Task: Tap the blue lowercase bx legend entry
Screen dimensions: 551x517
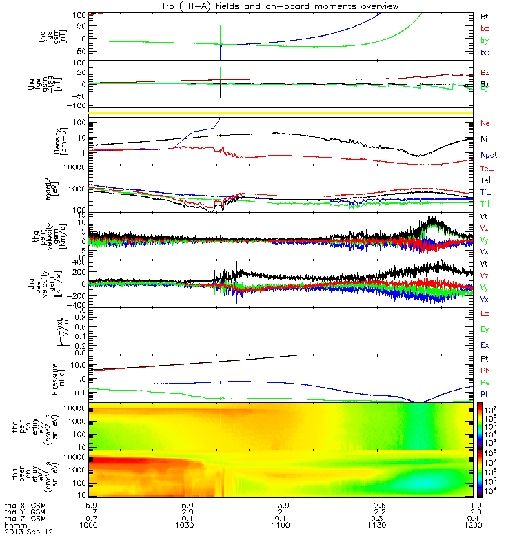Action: (485, 52)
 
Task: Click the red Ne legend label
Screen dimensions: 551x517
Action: (485, 123)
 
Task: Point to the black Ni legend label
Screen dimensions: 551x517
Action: (484, 139)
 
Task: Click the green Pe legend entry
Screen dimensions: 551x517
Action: (485, 382)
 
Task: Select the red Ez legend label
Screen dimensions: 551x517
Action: (485, 313)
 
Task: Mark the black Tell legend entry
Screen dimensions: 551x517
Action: (486, 180)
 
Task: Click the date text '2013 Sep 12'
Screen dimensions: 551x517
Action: (28, 532)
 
